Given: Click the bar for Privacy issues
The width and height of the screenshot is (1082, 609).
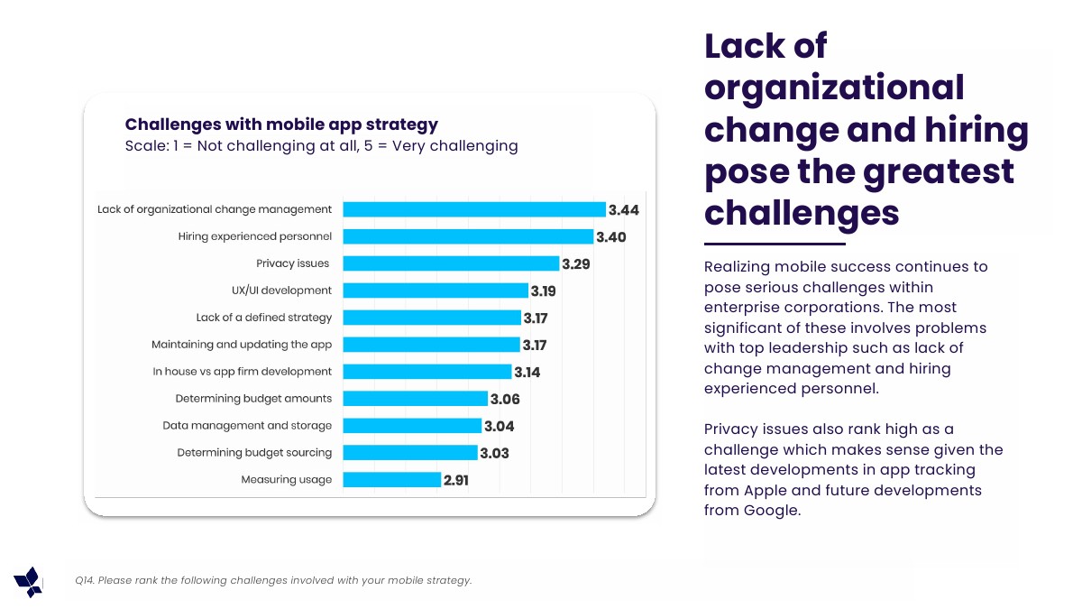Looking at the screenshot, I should [451, 263].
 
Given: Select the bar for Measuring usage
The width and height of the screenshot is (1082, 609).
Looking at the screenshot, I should [391, 480].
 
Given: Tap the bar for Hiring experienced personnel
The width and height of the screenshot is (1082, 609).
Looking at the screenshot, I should [468, 236].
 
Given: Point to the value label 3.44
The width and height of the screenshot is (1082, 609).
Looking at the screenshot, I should [623, 210].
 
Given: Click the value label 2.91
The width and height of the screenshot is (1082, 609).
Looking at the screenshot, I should [455, 481].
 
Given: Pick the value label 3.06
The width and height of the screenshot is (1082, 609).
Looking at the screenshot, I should [505, 400].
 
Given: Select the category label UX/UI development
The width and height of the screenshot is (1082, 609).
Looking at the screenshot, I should [281, 291].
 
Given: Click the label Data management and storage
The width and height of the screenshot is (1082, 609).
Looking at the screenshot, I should [247, 426].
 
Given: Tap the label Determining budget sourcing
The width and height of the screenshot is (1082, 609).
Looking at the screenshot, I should [254, 453].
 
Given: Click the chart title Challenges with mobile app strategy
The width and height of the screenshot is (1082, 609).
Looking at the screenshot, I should [281, 125].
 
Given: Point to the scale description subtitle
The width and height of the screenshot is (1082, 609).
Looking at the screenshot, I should [321, 146].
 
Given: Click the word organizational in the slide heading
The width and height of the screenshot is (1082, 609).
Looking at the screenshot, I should [834, 88].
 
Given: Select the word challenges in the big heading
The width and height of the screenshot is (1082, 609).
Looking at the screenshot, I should [802, 213].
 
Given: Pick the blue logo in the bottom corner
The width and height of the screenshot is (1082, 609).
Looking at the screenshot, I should [28, 582].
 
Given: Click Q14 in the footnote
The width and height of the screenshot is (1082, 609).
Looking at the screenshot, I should [85, 581].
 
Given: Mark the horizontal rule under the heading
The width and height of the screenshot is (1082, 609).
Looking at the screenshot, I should [775, 244].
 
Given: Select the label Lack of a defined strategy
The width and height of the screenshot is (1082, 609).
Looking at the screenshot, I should [264, 318].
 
